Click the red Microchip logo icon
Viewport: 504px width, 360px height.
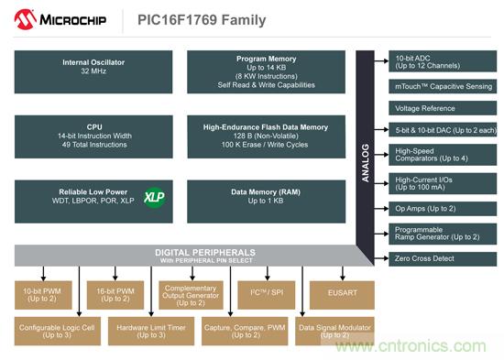[x=25, y=19]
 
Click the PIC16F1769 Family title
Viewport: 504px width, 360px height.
[x=202, y=20]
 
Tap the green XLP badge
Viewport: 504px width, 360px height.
[x=154, y=197]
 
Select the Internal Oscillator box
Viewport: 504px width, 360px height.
[x=93, y=72]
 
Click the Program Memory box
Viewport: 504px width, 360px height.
[x=266, y=72]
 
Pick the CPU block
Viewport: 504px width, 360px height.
[x=93, y=136]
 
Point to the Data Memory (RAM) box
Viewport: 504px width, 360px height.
[x=266, y=202]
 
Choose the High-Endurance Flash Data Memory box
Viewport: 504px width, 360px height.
[x=266, y=136]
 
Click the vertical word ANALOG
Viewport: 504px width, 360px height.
[x=365, y=163]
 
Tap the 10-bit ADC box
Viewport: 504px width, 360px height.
[x=443, y=61]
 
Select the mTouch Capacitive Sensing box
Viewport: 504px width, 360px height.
[x=443, y=86]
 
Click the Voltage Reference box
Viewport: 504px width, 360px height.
[x=443, y=108]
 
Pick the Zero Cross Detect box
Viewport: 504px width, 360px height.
[x=443, y=259]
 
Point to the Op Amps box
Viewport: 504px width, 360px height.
[x=443, y=209]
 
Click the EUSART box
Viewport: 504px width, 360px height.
[x=342, y=295]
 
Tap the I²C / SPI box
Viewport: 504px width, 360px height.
[x=266, y=295]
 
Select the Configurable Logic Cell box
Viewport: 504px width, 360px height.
[x=58, y=331]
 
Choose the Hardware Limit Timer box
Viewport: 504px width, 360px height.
[x=151, y=331]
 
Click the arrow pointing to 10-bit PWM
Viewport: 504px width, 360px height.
[x=43, y=274]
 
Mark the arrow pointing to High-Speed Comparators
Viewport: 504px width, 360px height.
[x=381, y=155]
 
